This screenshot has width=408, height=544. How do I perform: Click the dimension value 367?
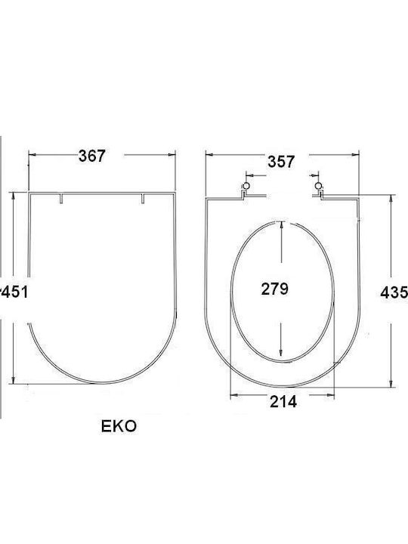(91, 156)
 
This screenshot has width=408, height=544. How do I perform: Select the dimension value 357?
(281, 162)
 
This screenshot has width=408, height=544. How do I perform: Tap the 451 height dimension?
(14, 292)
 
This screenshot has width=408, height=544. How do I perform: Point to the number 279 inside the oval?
(275, 289)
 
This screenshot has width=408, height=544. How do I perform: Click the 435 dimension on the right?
(394, 292)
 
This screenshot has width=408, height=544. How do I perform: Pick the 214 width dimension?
(283, 402)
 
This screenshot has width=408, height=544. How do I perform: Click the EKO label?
(119, 426)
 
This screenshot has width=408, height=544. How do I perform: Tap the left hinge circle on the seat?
(246, 186)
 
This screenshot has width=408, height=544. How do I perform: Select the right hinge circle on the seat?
(318, 186)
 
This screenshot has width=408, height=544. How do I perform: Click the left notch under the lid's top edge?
(61, 199)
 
